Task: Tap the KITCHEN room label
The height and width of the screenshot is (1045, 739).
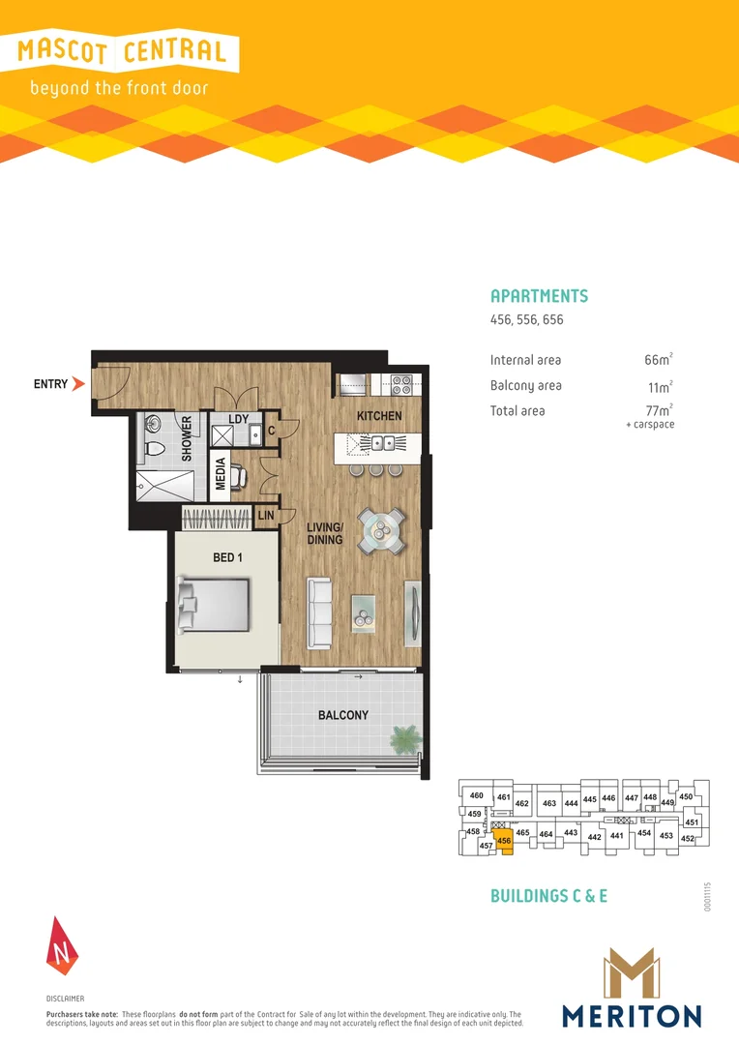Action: tap(379, 416)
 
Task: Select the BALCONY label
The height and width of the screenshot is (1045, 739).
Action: tap(342, 715)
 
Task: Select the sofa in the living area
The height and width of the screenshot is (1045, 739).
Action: tap(320, 612)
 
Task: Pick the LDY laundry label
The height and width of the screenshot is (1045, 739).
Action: tap(239, 419)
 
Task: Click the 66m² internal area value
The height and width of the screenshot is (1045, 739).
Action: tap(658, 360)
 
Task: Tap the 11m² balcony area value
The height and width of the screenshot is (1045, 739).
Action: tap(659, 385)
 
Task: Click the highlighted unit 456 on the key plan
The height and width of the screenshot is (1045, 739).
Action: tap(504, 840)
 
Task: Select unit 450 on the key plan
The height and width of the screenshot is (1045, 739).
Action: tap(686, 796)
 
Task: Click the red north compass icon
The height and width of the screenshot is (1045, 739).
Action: tap(60, 944)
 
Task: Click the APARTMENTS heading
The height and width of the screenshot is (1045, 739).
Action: tap(539, 296)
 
